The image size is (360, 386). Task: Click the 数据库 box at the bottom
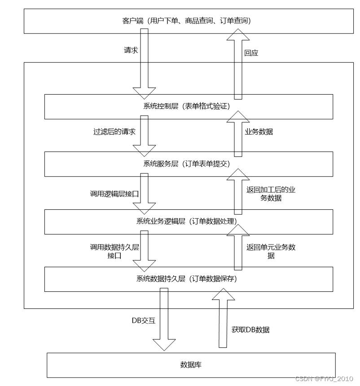191,364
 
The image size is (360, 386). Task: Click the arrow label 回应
251,52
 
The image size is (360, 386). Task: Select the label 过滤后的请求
114,132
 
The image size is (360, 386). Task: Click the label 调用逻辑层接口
114,195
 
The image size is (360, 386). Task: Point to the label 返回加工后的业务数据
271,194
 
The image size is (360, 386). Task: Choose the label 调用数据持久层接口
114,252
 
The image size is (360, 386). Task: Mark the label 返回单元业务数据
271,252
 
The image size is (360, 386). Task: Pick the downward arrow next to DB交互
163,318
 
